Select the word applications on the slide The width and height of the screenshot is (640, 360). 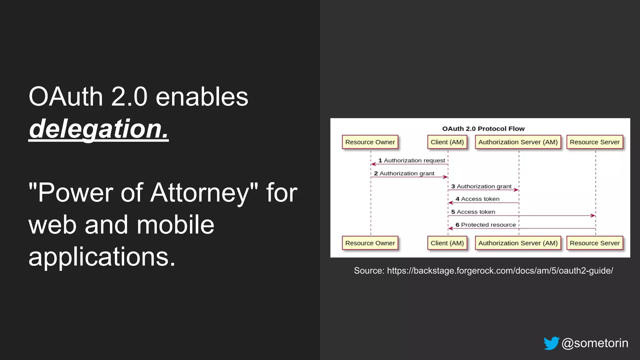coord(102,257)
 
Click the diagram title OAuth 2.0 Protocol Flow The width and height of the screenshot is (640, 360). coord(483,129)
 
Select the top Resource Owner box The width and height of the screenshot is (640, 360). coord(370,142)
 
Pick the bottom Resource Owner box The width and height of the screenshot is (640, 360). coord(370,243)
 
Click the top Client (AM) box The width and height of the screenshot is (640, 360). coord(447,142)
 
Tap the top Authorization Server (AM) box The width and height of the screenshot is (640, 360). coord(518,142)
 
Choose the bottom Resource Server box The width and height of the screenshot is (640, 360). coord(594,243)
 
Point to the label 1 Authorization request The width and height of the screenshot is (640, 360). coord(412,161)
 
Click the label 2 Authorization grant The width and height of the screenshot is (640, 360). coord(404,173)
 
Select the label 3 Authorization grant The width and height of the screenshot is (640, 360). coord(481,187)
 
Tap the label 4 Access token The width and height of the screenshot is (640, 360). coord(477,199)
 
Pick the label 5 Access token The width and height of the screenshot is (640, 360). coord(473,212)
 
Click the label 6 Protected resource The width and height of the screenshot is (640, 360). coord(485,225)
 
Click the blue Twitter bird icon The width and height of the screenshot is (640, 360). coord(551,343)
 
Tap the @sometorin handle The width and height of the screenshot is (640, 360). coord(595,343)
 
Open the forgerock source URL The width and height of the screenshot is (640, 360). coord(500,271)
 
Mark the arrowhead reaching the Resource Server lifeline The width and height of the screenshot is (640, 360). coord(593,216)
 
